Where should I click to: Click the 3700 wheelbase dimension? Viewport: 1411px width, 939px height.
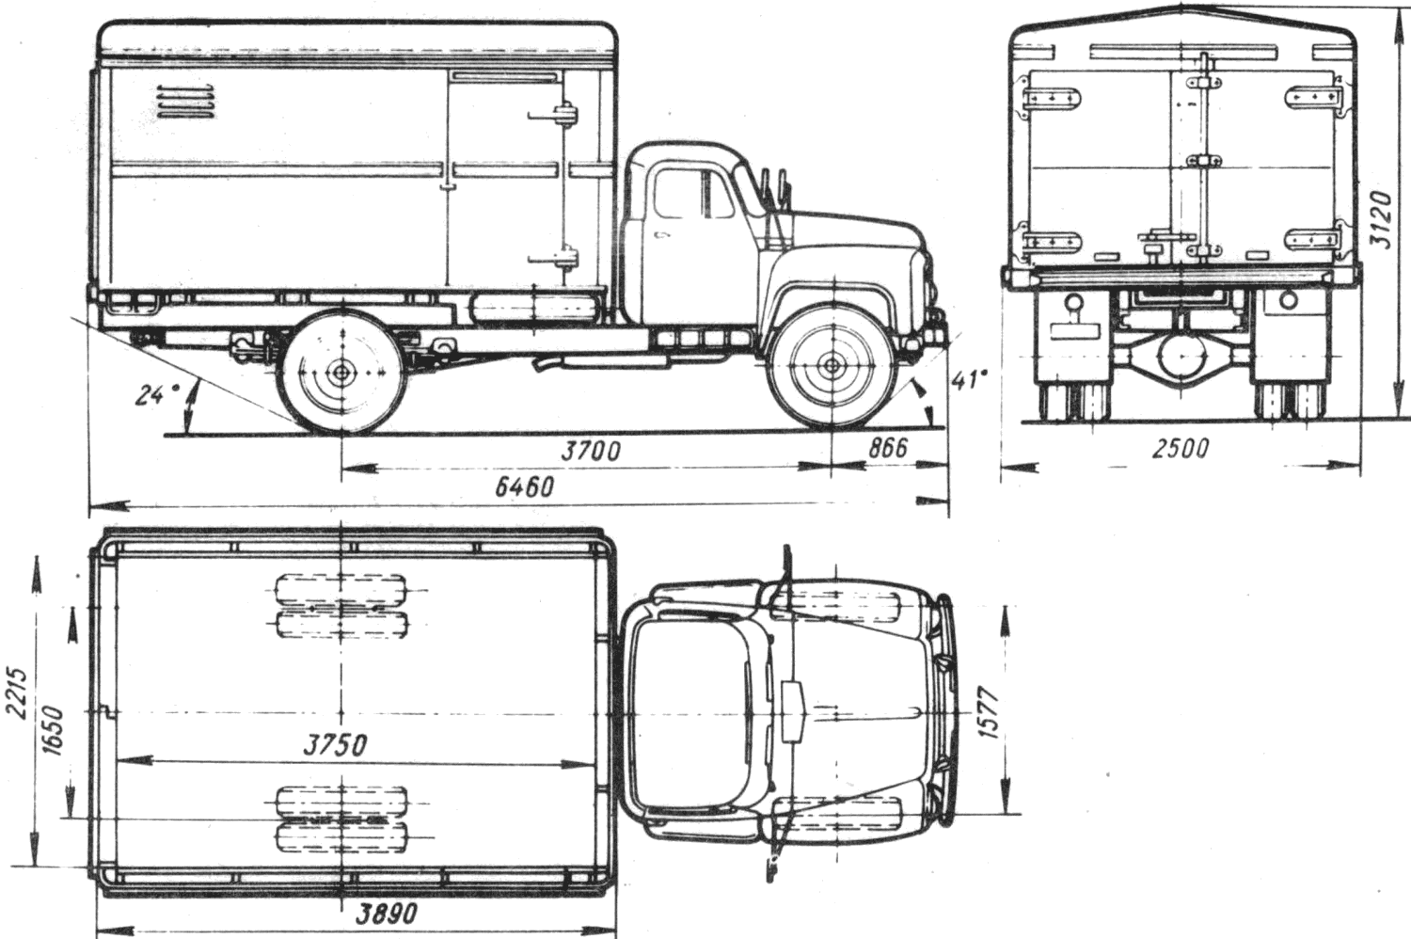[590, 452]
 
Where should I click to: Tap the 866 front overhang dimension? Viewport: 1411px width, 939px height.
[888, 448]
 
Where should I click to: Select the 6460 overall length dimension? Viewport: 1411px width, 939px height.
[524, 487]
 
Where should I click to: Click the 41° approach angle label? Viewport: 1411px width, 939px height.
[969, 381]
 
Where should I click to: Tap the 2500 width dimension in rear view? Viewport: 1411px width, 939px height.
[1181, 449]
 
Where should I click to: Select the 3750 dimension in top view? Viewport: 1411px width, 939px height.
[335, 745]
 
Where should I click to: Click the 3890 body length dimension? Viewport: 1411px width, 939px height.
[386, 913]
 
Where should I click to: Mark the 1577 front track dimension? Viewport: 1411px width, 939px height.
[990, 713]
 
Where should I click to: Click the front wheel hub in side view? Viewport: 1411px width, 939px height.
[832, 364]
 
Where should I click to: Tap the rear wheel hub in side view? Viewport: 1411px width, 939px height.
[342, 372]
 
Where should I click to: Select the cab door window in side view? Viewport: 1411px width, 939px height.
[678, 194]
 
